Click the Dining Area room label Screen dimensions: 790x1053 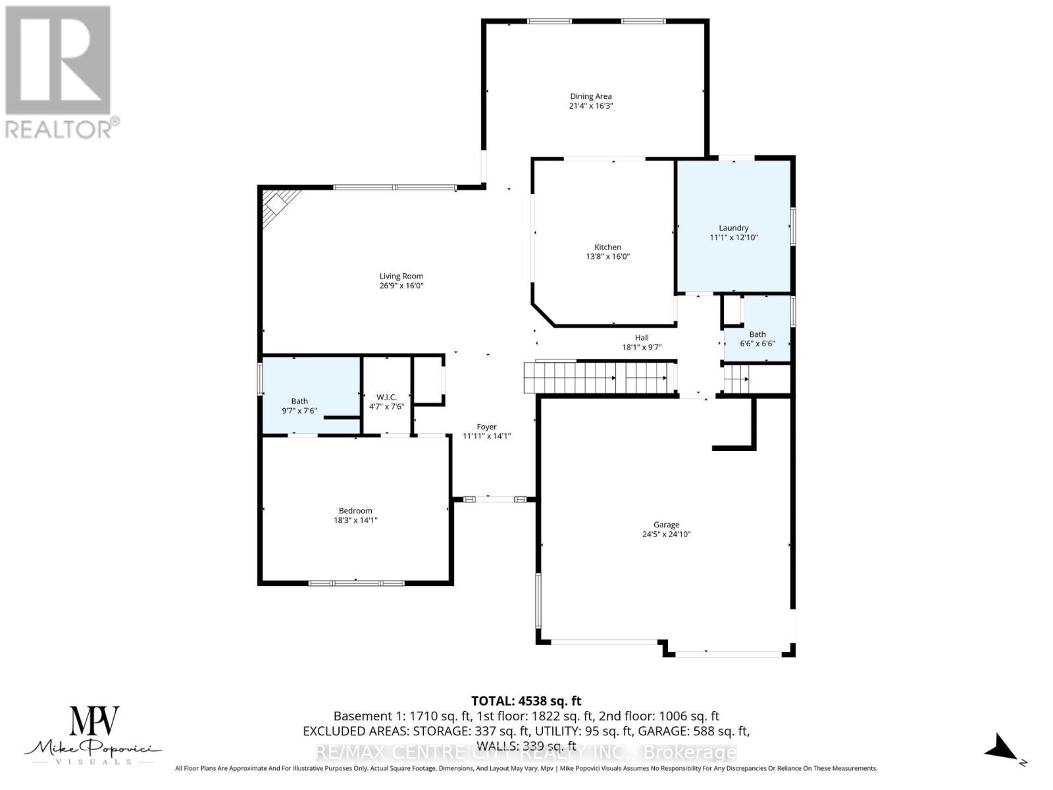tap(590, 96)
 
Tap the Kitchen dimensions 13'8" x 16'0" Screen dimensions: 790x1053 tap(607, 257)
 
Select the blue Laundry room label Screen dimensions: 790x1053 tap(733, 228)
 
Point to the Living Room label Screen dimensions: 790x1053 tap(401, 276)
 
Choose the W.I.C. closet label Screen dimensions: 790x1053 tap(386, 397)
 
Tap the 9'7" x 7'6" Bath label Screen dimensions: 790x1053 tap(299, 406)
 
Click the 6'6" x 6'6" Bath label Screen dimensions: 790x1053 tap(757, 338)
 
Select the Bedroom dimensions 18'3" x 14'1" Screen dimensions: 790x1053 tap(355, 520)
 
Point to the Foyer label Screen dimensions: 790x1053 tap(486, 427)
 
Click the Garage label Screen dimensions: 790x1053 tap(666, 525)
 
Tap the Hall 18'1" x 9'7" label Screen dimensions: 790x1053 tap(642, 342)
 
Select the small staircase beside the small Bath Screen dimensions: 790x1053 tap(736, 379)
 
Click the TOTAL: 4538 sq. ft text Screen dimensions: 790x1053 tap(526, 701)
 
